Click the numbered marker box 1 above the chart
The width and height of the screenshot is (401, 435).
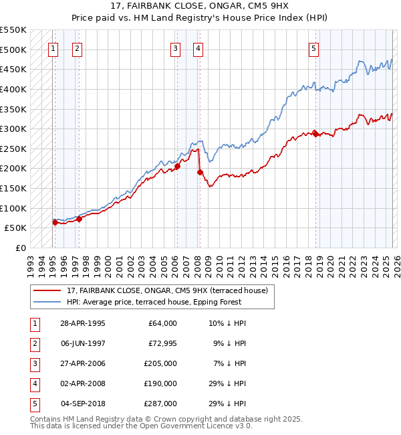click(x=53, y=48)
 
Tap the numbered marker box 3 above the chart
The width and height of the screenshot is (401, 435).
click(x=174, y=48)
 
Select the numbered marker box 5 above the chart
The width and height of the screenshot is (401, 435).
click(x=313, y=48)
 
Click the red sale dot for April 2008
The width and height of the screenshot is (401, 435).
click(x=200, y=173)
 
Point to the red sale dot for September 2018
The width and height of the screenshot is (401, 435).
click(x=315, y=134)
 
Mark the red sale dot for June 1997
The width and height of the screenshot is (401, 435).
click(x=79, y=218)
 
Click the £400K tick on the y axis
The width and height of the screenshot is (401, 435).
click(x=13, y=89)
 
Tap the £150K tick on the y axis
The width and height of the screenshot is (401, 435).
click(x=13, y=188)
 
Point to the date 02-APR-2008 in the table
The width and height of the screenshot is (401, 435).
click(x=82, y=383)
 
